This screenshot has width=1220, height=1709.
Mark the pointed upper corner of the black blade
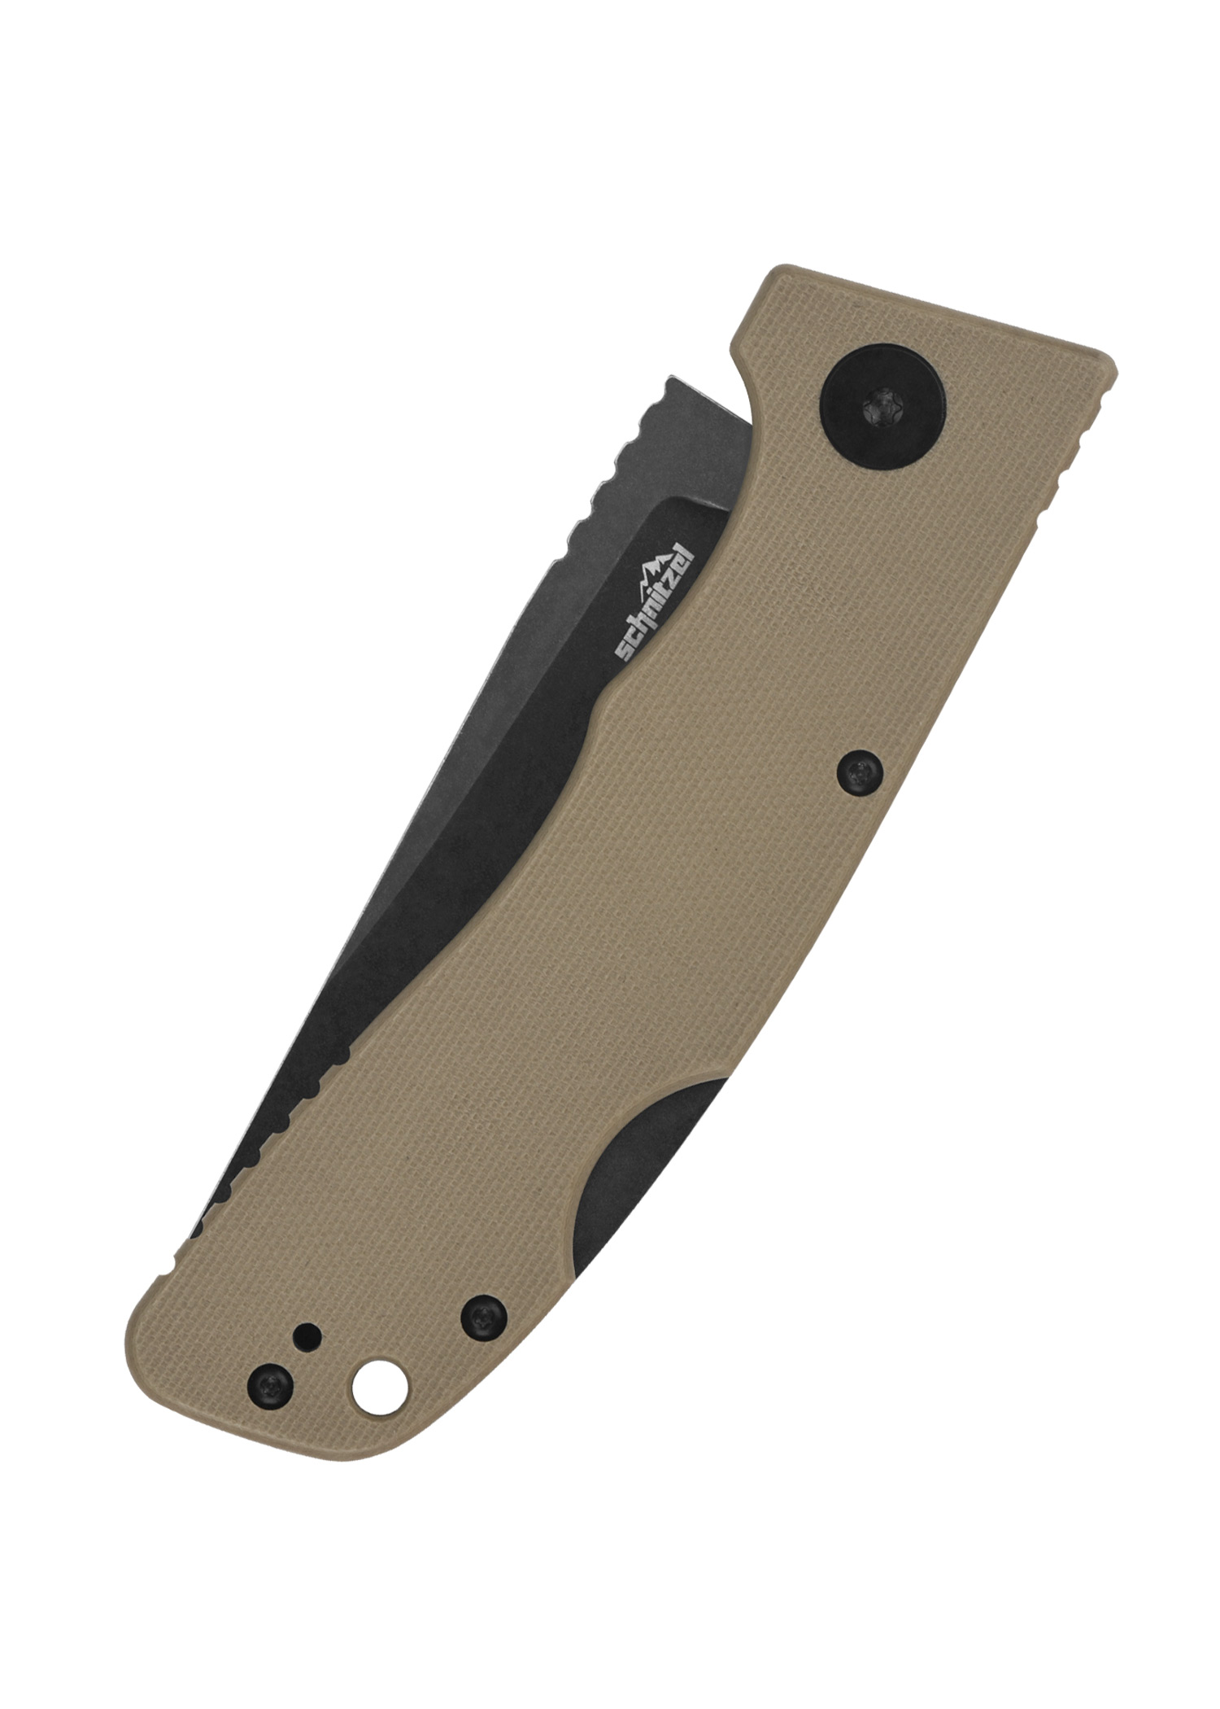667,378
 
